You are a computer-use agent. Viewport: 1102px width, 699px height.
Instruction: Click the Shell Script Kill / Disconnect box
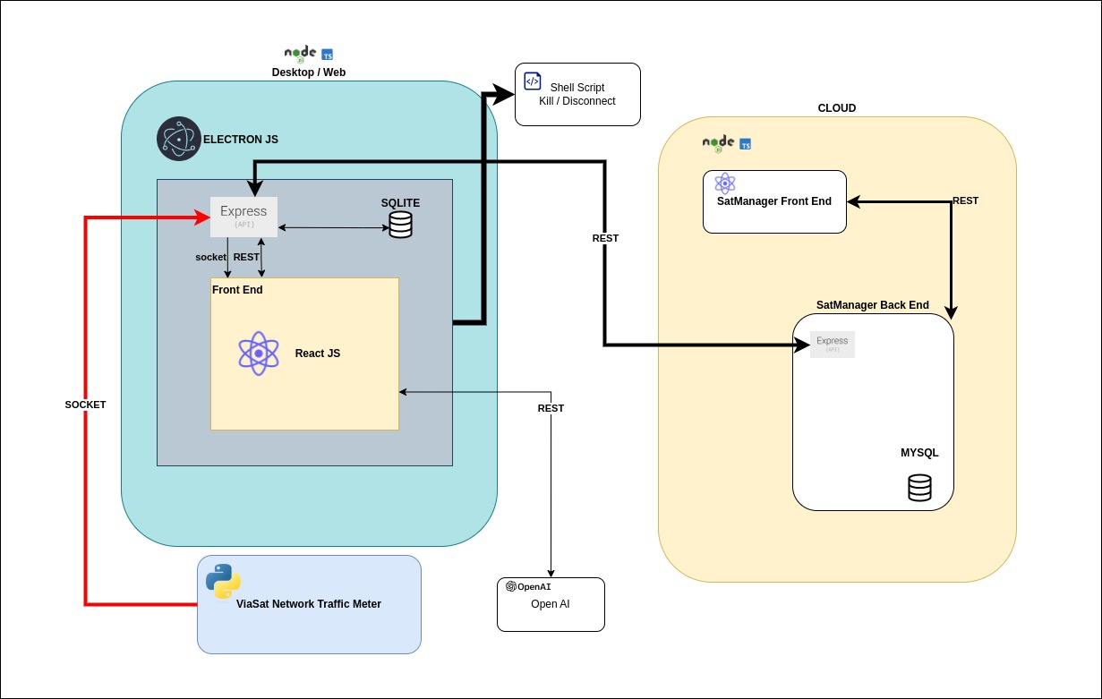[x=577, y=94]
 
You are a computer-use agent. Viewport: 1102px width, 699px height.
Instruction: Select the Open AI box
[x=551, y=604]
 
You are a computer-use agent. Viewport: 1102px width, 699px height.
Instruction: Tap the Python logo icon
[x=223, y=582]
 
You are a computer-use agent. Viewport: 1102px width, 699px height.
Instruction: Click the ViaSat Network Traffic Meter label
[x=308, y=604]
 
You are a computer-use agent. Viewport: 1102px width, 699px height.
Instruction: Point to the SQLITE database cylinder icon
[x=400, y=224]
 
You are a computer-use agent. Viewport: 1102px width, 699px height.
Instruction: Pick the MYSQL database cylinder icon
[x=919, y=488]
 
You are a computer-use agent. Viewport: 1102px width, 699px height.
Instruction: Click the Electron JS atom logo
[x=179, y=139]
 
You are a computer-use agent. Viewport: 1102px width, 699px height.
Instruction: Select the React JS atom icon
[x=259, y=354]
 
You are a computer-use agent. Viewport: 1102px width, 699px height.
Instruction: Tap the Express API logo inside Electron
[x=243, y=217]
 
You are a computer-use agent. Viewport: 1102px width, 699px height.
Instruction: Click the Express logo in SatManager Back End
[x=833, y=344]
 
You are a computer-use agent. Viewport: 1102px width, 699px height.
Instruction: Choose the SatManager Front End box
[x=774, y=201]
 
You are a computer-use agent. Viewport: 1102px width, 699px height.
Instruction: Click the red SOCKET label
[x=85, y=405]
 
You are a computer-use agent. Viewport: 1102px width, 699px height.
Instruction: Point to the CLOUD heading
[x=837, y=108]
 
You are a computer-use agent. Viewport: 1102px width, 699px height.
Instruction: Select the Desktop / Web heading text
[x=309, y=72]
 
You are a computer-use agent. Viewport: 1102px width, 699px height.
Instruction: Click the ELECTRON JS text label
[x=241, y=140]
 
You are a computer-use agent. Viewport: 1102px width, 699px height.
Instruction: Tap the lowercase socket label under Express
[x=210, y=257]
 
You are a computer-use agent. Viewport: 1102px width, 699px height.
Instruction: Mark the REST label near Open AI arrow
[x=551, y=408]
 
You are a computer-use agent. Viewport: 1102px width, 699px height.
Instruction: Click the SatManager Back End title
[x=873, y=305]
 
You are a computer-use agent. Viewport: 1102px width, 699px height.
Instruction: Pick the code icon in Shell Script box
[x=532, y=81]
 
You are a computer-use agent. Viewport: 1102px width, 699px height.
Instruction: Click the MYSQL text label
[x=919, y=453]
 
